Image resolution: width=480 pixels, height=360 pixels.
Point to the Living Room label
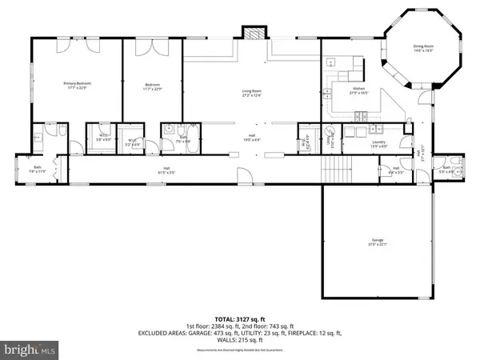pos(253,92)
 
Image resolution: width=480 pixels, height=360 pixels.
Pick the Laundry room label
pos(378,145)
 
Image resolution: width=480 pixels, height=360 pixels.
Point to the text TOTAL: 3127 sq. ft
pos(240,319)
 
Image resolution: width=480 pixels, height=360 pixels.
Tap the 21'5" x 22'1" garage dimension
pos(377,244)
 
